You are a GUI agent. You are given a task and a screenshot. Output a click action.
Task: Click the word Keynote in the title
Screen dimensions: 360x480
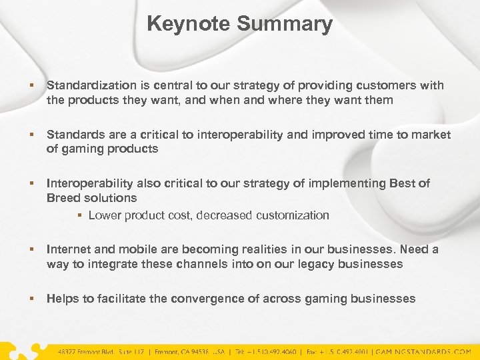point(189,24)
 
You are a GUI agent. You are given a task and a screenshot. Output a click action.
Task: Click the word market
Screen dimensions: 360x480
point(431,135)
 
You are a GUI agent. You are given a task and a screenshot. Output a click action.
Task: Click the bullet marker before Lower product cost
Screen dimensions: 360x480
point(79,215)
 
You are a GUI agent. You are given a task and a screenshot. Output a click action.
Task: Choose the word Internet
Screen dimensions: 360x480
point(69,249)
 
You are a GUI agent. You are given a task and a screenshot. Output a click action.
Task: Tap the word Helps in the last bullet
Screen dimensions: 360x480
point(63,299)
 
